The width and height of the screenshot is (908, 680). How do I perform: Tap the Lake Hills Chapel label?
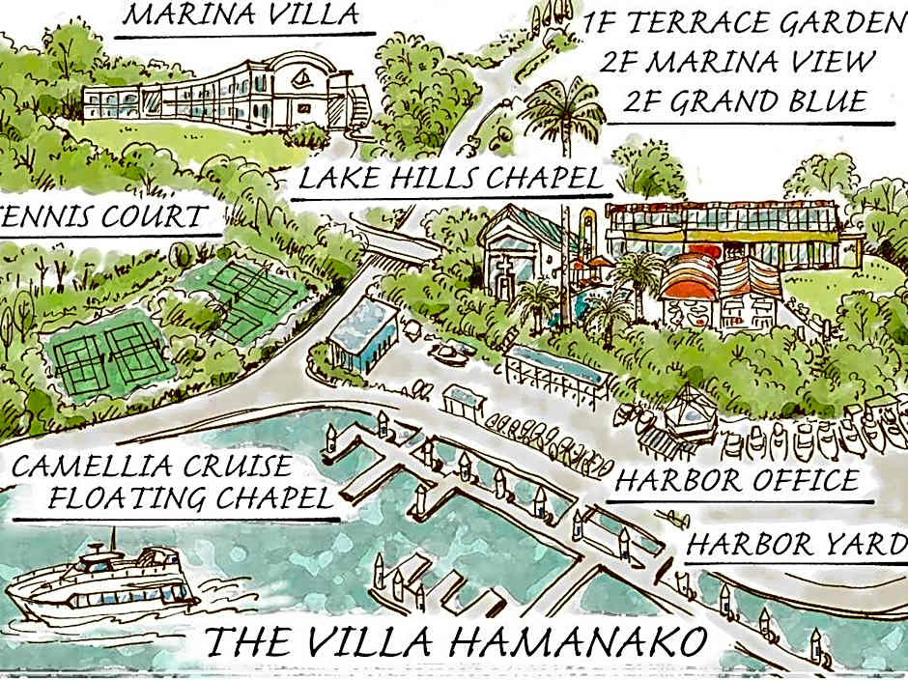(451, 180)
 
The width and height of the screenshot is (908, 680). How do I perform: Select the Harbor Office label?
(737, 480)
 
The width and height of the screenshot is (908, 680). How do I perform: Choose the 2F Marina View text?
(737, 62)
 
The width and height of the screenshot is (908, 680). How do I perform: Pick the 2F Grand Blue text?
(744, 101)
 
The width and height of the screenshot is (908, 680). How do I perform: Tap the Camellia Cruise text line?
(152, 466)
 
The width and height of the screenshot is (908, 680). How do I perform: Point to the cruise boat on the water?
(101, 580)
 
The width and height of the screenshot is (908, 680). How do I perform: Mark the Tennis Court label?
(106, 216)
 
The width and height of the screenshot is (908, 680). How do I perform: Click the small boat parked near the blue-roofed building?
(449, 354)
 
